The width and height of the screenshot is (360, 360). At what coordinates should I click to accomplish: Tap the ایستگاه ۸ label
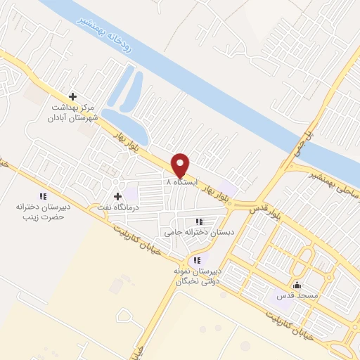[180, 181]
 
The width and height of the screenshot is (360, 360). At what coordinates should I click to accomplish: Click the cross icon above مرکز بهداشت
[72, 97]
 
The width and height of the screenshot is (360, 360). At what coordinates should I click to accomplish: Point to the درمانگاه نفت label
[117, 208]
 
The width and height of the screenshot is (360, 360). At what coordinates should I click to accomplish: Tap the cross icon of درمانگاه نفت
[117, 196]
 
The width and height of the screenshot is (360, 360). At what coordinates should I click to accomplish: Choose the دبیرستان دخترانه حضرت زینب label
[41, 212]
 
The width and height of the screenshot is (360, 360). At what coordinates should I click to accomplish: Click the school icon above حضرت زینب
[42, 196]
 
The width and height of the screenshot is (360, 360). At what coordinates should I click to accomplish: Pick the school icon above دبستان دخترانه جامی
[202, 221]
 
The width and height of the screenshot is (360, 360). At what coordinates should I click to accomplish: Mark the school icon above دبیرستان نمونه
[198, 260]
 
